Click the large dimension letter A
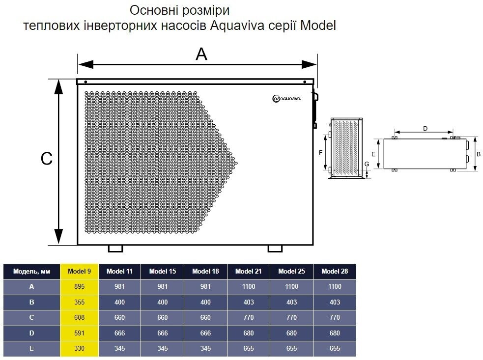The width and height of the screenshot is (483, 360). pos(201,54)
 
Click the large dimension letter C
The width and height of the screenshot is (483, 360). pos(47,159)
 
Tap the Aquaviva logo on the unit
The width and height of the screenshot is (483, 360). pos(286,98)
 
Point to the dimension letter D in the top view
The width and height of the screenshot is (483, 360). pos(425,128)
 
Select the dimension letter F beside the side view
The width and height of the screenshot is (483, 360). pos(320,152)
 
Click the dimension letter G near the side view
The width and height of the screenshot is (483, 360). pos(367,164)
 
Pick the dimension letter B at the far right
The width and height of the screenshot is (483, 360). pos(479,154)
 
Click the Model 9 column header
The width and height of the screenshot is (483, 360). pos(80,271)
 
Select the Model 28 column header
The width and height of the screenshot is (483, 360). pos(335,271)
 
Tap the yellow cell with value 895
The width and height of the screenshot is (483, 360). pos(80,287)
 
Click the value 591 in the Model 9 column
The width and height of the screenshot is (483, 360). pos(80,333)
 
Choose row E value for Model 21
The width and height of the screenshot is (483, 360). pos(249,349)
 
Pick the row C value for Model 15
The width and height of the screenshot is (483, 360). pos(162,317)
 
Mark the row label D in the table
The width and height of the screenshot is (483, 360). pos(31,333)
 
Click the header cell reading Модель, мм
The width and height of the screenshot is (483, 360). pos(31,271)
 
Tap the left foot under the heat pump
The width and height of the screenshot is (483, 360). pos(115,249)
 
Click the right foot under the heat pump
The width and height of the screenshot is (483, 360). pos(275,249)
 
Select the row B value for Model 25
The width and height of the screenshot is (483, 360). pos(291,302)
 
